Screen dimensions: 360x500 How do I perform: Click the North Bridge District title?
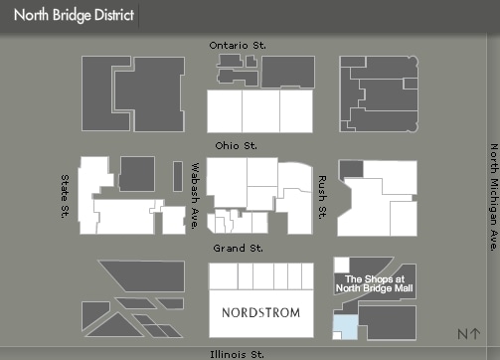click(74, 17)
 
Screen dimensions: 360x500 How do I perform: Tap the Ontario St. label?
click(238, 46)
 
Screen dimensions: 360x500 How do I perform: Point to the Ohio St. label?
click(237, 145)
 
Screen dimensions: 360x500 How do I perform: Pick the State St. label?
click(67, 196)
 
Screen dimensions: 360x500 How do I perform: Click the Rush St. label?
click(322, 198)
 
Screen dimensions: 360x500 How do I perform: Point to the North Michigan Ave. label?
click(492, 198)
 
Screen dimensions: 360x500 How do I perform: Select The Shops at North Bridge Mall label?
click(373, 283)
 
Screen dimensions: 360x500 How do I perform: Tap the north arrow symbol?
click(477, 335)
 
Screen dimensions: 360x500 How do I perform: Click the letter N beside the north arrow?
click(463, 335)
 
